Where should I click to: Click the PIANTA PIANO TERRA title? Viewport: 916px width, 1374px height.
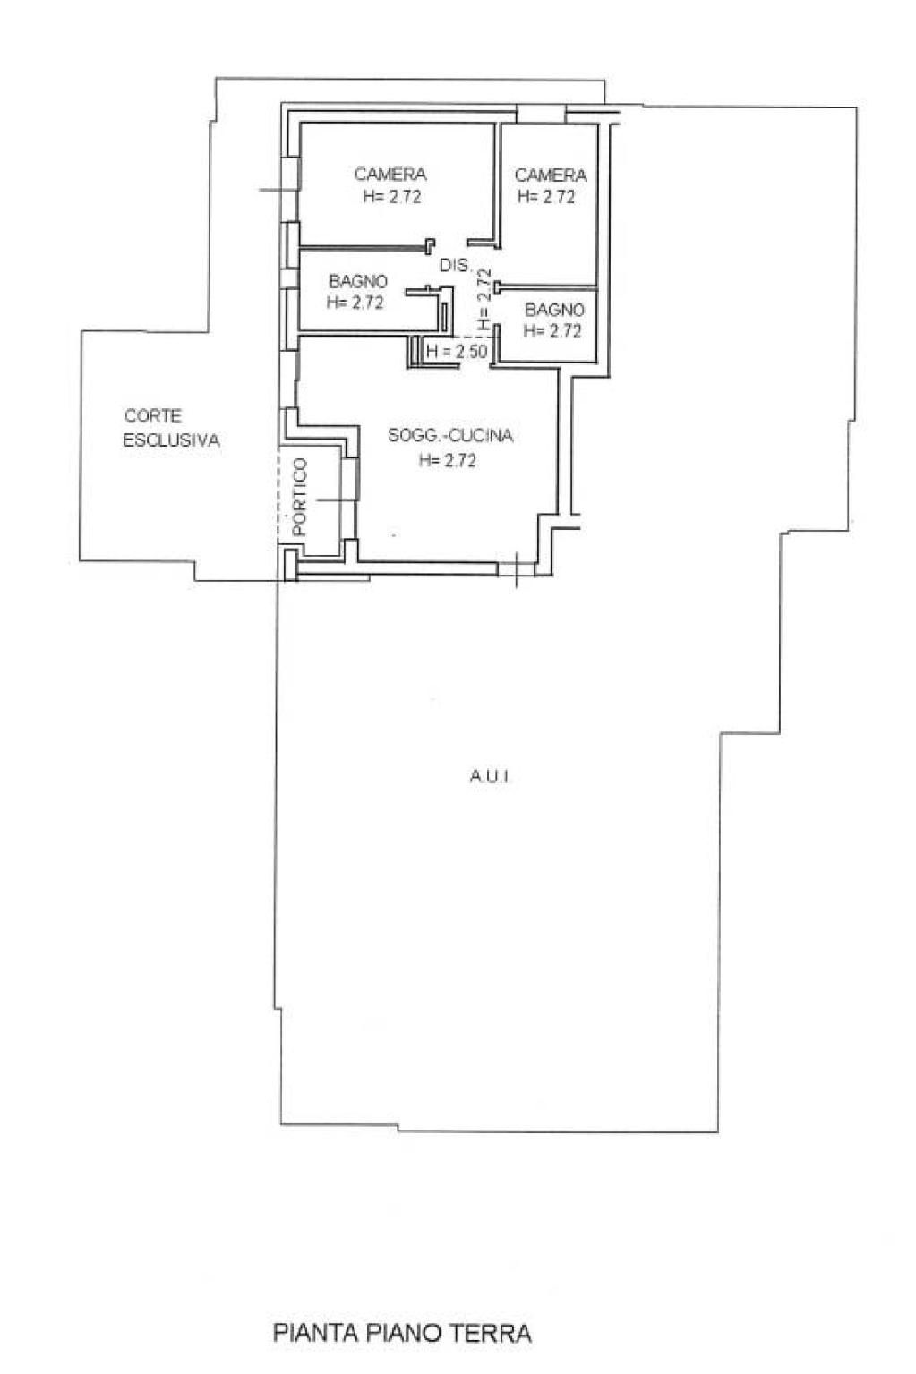[x=402, y=1329]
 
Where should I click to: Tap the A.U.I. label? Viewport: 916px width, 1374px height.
[x=490, y=777]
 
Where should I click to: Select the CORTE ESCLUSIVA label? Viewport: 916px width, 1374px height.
[x=171, y=428]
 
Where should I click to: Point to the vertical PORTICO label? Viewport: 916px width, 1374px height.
[x=300, y=498]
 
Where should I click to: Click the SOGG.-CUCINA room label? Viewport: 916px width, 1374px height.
[x=450, y=436]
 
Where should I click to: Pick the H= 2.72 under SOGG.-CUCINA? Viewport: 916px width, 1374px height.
[x=448, y=461]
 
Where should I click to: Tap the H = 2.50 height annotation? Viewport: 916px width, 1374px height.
[x=457, y=352]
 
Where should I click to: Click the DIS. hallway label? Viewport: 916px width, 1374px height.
[x=455, y=265]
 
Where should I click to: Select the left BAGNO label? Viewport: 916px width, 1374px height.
[x=358, y=282]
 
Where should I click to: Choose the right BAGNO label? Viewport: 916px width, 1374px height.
[x=554, y=310]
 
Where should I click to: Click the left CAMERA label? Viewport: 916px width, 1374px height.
[x=390, y=175]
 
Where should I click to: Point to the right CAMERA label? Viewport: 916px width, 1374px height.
[x=551, y=175]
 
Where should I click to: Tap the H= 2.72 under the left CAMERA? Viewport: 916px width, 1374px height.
[x=392, y=197]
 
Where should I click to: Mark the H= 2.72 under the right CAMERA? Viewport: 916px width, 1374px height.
[x=547, y=196]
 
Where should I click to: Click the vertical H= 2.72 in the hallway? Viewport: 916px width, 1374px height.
[x=484, y=299]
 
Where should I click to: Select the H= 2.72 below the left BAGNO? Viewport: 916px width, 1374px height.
[x=355, y=303]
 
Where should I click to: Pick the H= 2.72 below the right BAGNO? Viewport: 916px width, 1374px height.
[x=552, y=331]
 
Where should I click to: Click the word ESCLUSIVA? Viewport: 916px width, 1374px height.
[x=171, y=440]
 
